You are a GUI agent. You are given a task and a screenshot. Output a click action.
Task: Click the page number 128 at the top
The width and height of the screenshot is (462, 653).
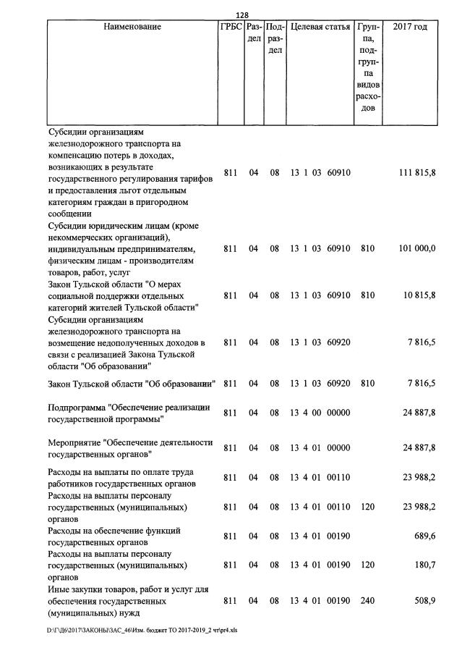tap(242, 16)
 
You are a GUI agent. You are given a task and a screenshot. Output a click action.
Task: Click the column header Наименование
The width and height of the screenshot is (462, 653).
tap(132, 28)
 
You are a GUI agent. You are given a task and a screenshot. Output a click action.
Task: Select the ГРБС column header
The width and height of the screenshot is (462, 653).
tap(231, 28)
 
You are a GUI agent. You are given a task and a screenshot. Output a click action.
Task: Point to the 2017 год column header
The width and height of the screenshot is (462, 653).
tap(410, 28)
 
